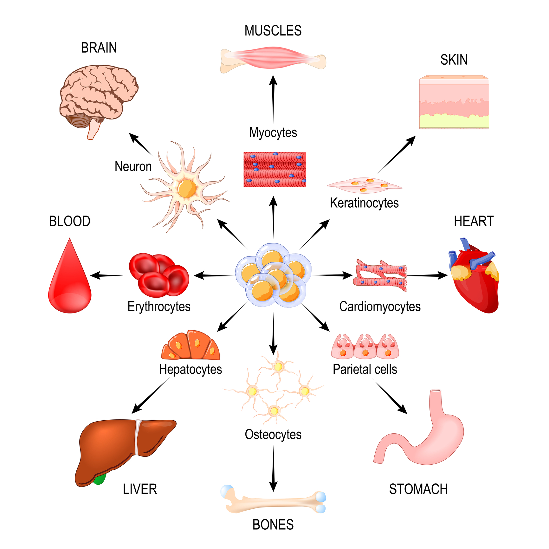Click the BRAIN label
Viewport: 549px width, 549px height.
point(99,48)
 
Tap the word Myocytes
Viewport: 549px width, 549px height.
point(273,132)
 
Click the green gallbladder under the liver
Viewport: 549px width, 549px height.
point(100,480)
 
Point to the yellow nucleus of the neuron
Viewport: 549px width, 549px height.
point(187,188)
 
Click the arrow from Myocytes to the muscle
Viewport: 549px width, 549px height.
point(273,98)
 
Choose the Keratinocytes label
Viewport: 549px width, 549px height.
point(364,203)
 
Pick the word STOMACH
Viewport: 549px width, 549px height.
point(418,489)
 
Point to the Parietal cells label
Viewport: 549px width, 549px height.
point(365,369)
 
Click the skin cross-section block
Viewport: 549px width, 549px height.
point(454,103)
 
